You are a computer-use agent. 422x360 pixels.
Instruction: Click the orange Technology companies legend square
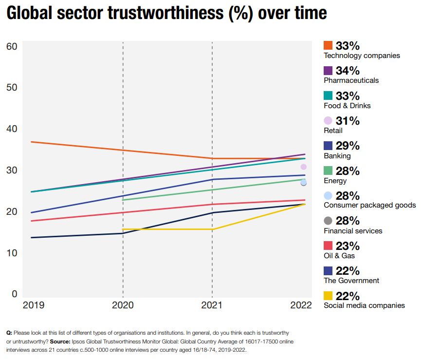click(328, 45)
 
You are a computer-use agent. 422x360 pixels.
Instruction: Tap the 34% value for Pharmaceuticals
click(347, 71)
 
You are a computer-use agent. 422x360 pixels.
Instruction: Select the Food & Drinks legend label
click(347, 106)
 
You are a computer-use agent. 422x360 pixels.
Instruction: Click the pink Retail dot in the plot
click(304, 167)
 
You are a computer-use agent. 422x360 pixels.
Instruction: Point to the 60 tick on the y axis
click(12, 46)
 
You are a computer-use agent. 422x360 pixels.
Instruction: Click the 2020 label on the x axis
click(123, 305)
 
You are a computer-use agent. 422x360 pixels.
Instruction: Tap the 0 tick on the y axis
click(15, 294)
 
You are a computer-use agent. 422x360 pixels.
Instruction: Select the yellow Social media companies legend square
click(328, 296)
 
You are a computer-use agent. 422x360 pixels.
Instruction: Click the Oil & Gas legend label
click(339, 256)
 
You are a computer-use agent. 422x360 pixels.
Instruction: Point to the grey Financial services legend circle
click(328, 221)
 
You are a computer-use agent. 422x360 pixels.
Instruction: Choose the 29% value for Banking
click(347, 146)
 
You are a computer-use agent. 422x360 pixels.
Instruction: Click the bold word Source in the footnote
click(60, 341)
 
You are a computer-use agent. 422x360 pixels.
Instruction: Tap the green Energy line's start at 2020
click(123, 200)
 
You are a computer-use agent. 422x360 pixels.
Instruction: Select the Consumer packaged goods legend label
click(369, 205)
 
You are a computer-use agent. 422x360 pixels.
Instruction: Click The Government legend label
click(351, 281)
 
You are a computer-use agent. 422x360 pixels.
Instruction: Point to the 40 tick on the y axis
click(12, 129)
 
